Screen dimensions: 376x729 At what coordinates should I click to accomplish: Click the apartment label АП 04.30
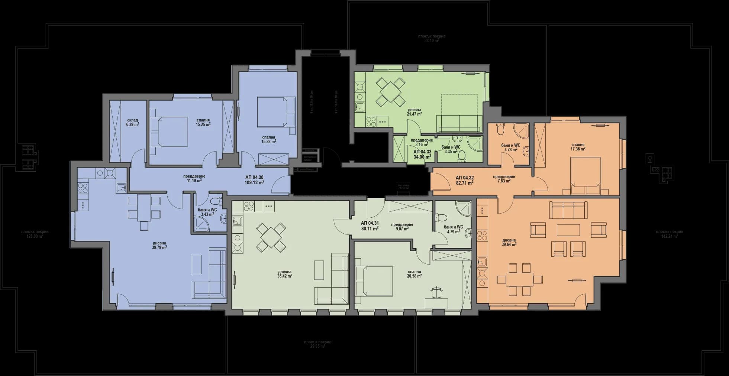click(255, 180)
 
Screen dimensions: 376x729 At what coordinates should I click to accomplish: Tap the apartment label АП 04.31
click(370, 226)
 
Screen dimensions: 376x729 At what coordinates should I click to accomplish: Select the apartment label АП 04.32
click(465, 180)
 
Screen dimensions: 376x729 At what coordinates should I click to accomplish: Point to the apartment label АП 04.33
click(422, 154)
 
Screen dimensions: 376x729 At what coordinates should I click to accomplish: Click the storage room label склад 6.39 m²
click(132, 122)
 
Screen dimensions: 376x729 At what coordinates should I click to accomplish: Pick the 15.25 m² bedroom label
click(203, 122)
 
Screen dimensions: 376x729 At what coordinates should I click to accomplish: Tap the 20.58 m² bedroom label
click(414, 274)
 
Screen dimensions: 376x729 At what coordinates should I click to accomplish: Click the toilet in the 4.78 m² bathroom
click(501, 130)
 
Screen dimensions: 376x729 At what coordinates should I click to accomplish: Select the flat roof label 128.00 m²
click(35, 234)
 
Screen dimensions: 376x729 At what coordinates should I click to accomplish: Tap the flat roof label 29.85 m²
click(317, 344)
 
